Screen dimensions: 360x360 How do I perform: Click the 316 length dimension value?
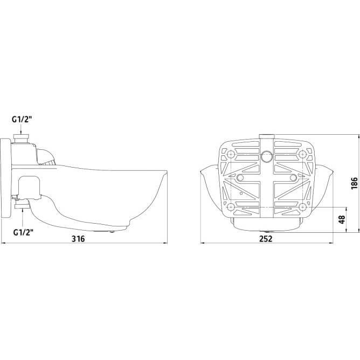78,239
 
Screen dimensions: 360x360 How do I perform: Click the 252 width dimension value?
266,239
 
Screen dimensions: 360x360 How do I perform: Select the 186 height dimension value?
354,183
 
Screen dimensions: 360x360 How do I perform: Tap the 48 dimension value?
342,219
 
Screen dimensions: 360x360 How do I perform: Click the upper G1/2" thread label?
22,120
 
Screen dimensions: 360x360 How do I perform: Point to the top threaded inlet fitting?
21,139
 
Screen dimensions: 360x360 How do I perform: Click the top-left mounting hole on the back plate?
230,154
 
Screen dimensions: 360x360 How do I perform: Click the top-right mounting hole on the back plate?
302,154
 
